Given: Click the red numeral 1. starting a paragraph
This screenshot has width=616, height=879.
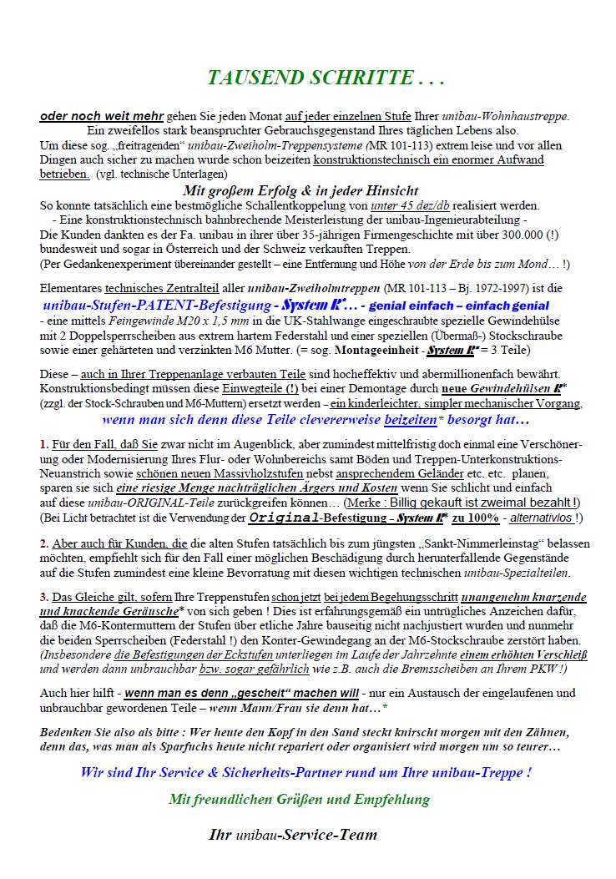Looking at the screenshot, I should tap(44, 445).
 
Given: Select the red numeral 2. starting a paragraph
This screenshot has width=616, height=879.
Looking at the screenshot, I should tap(44, 543).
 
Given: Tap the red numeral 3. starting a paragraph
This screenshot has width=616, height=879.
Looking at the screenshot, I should tap(44, 597).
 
